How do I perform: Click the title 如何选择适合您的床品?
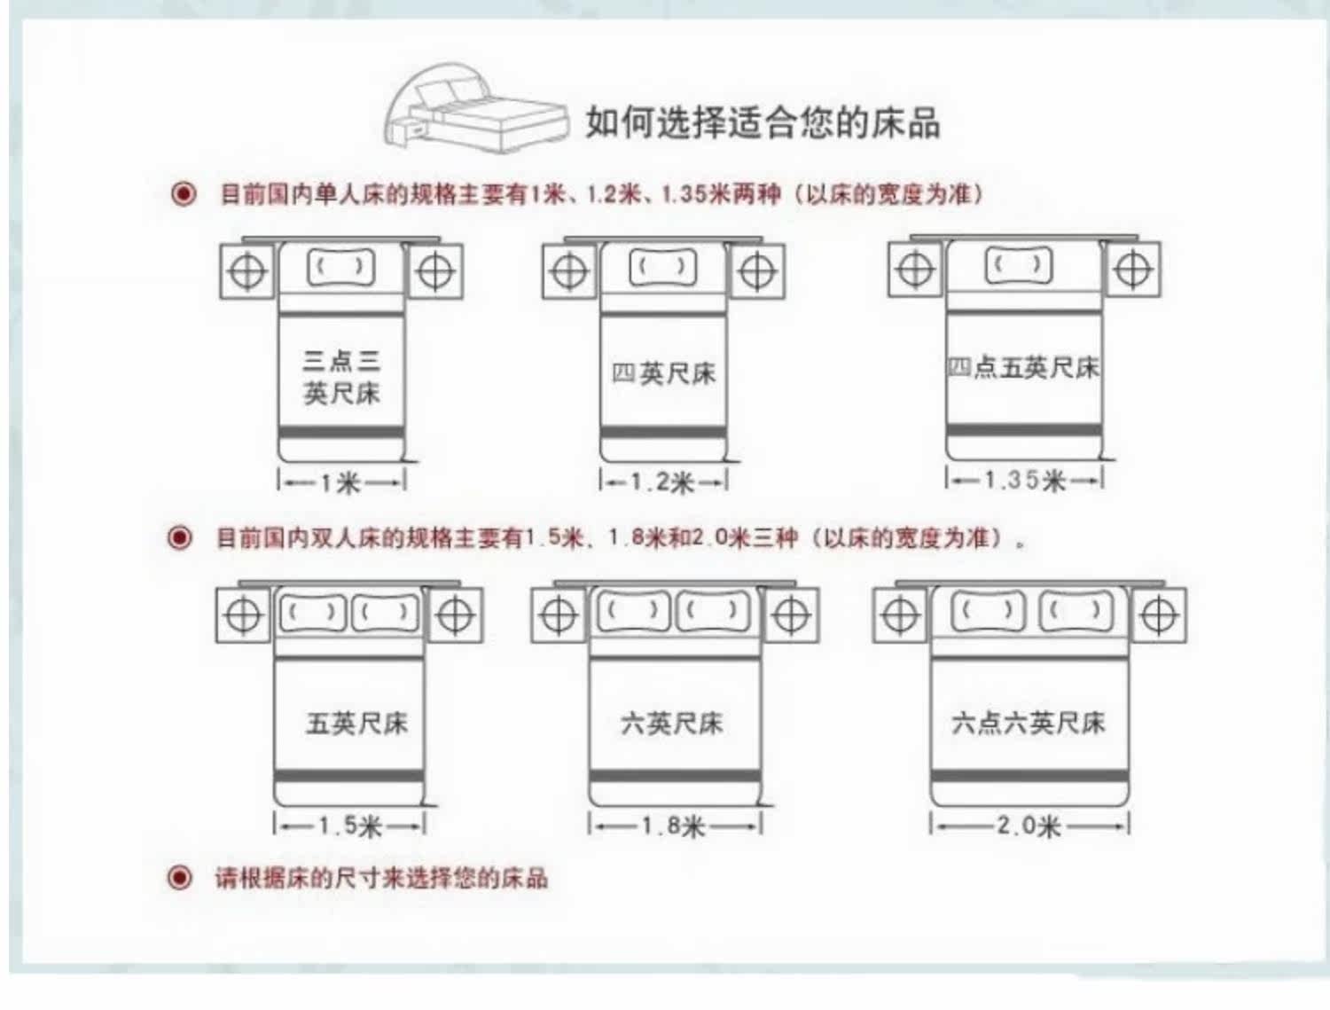click(x=763, y=122)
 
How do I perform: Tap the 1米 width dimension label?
click(x=341, y=482)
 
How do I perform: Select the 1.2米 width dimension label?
click(x=663, y=482)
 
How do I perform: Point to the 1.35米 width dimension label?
click(x=1024, y=481)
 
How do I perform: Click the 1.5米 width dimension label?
click(x=350, y=826)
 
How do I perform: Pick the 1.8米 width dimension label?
click(x=674, y=826)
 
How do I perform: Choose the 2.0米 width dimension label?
click(x=1029, y=826)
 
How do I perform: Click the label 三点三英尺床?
click(x=341, y=376)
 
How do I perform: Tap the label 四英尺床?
click(x=663, y=373)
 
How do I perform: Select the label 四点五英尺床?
click(x=1023, y=367)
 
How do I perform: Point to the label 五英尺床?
click(x=356, y=724)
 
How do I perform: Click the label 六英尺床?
click(x=672, y=724)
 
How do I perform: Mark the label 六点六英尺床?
click(x=1029, y=723)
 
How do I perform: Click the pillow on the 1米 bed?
click(x=341, y=266)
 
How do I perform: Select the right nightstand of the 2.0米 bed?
click(x=1158, y=615)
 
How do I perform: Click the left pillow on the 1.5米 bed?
click(x=312, y=613)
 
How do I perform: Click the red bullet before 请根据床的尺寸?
click(x=180, y=878)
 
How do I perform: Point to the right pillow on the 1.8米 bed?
click(x=713, y=611)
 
